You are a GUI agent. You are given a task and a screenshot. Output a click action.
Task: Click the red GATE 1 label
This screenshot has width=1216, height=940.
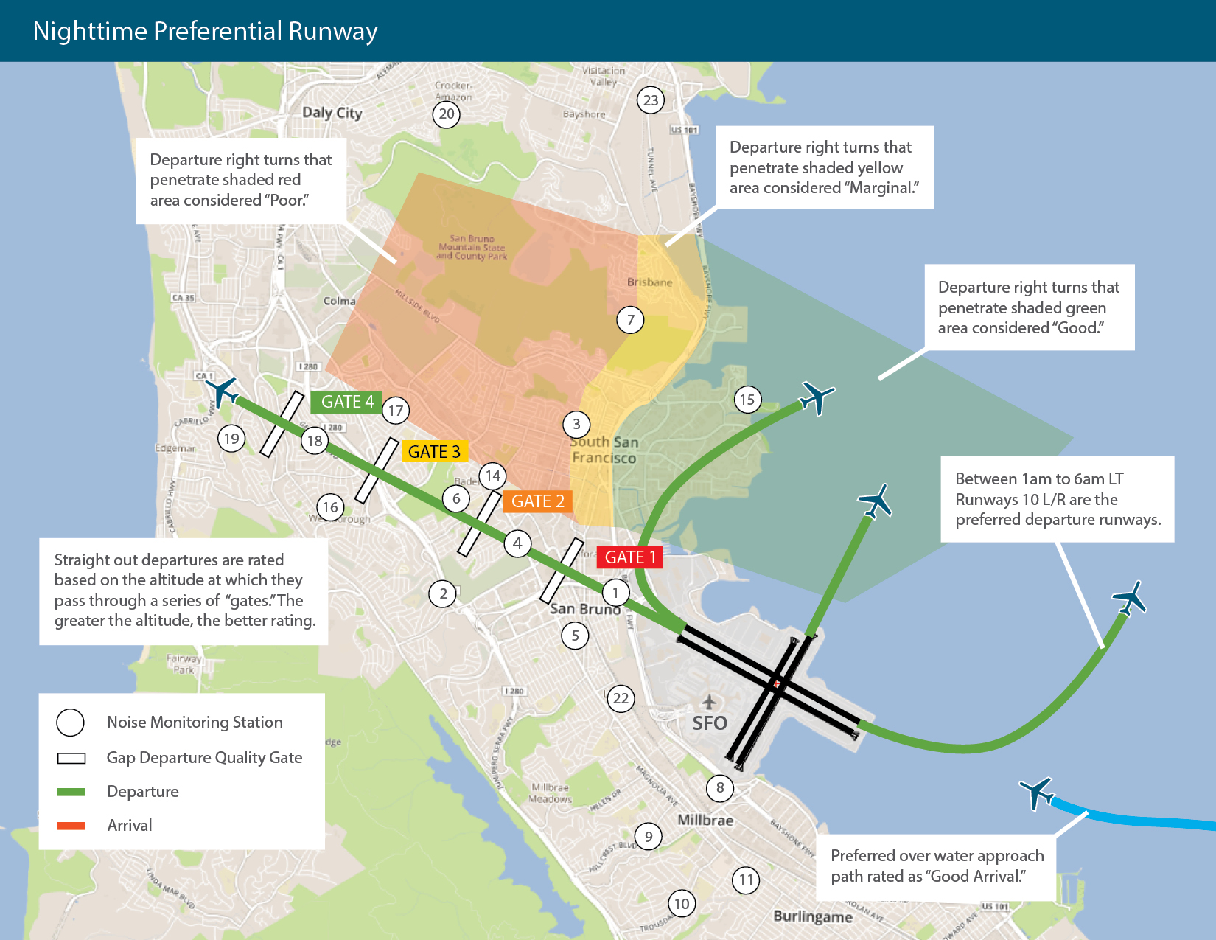[629, 557]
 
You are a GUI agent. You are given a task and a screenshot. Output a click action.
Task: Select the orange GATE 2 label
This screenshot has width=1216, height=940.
[537, 501]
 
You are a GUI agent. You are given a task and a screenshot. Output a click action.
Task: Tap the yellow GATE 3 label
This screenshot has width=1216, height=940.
[434, 451]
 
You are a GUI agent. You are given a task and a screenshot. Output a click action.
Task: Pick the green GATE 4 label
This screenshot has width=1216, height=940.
[347, 402]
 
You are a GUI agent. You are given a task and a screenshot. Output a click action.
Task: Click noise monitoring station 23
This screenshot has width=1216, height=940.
[651, 100]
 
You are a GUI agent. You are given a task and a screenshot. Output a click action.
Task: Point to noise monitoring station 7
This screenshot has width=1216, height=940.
[630, 320]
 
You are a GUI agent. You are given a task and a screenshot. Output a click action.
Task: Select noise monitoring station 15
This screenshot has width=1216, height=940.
[747, 400]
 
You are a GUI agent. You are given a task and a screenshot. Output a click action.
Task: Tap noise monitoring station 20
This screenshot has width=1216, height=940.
[447, 114]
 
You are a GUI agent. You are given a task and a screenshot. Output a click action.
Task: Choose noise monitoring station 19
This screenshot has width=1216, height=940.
[231, 439]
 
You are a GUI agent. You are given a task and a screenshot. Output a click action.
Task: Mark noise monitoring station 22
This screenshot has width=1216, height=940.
[621, 698]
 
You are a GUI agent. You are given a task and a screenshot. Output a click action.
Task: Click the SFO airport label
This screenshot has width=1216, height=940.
[710, 723]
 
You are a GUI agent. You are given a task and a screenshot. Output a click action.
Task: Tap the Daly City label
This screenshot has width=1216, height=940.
[332, 113]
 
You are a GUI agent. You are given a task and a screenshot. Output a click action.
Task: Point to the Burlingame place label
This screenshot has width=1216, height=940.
[813, 916]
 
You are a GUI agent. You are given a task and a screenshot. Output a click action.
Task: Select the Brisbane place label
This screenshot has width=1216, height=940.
[649, 282]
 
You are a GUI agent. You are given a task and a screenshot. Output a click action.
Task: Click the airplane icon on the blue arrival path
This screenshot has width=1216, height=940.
[1036, 793]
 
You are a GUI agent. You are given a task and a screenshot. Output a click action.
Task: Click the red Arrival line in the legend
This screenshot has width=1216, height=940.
[71, 826]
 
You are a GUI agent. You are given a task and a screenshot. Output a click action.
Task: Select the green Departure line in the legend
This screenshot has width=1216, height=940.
[71, 792]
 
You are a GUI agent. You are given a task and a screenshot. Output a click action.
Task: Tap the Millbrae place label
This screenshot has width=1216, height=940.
[705, 820]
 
